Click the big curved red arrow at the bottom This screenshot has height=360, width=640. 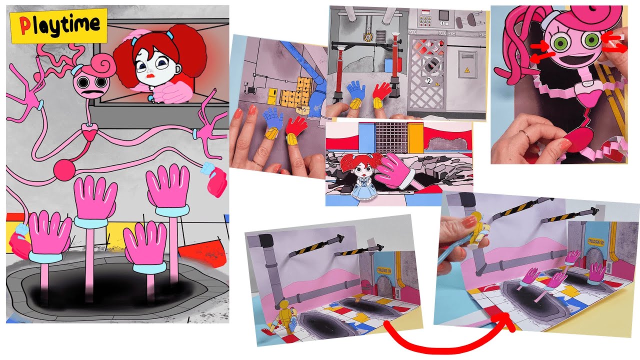coord(450,340)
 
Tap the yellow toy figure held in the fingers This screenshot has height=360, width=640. coord(476,231)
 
